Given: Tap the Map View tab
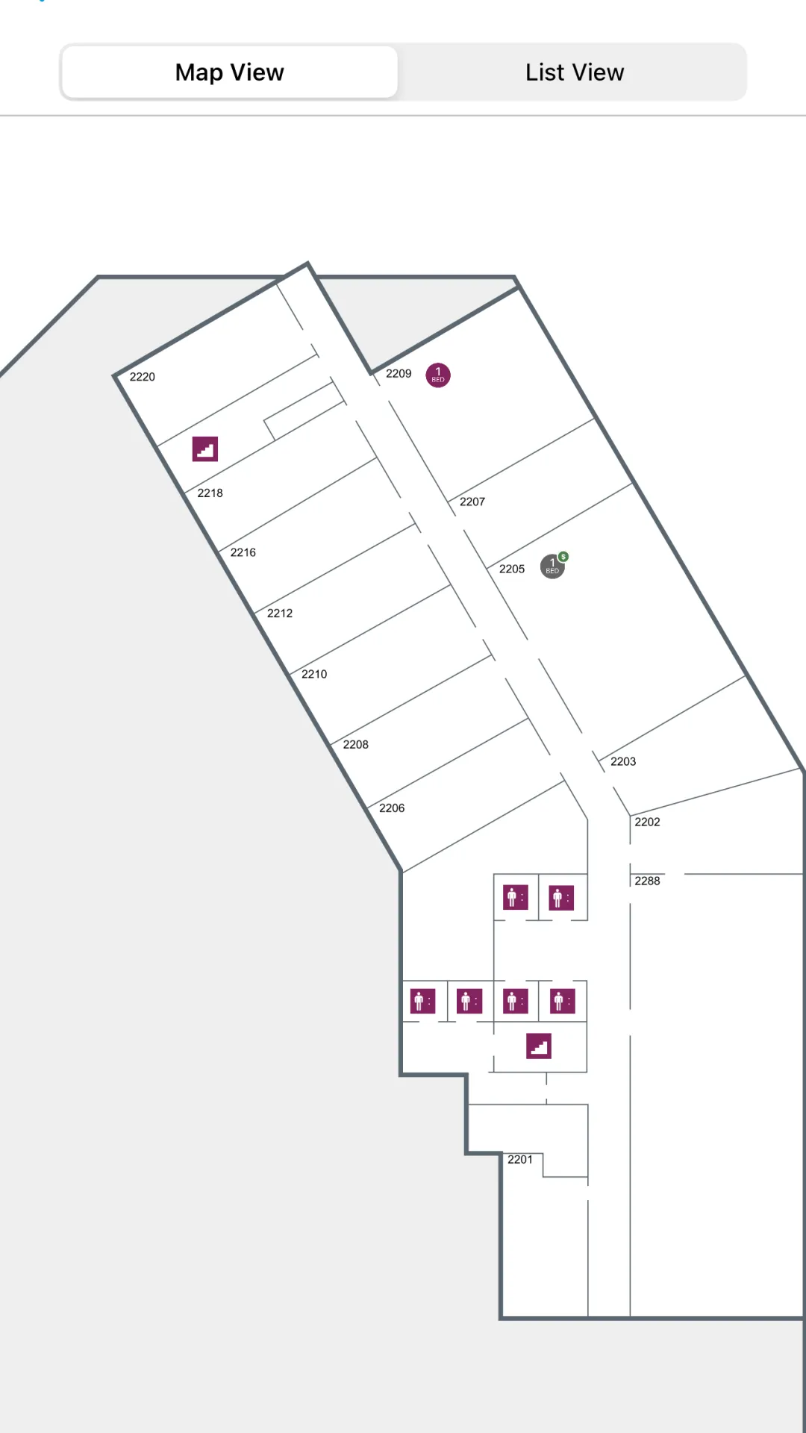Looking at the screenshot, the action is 229,72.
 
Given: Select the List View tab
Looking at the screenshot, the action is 574,72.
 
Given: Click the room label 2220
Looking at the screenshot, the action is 143,377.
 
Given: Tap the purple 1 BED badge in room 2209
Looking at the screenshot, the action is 438,375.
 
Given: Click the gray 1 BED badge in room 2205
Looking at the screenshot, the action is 552,566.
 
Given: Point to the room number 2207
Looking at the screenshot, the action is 472,502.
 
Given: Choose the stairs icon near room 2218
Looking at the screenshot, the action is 205,449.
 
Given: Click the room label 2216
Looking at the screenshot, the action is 243,552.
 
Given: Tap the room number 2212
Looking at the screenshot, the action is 280,613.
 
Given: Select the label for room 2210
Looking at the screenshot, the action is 314,674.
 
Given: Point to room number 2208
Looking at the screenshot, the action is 356,744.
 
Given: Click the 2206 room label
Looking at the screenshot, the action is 392,808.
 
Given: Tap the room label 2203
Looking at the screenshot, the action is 623,761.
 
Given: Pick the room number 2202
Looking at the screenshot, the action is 647,822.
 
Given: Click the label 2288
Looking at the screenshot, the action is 647,881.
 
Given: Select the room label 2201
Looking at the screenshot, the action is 520,1159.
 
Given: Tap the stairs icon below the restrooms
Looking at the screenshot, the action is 538,1046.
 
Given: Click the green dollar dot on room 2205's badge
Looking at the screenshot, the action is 563,557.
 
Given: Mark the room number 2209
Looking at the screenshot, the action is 399,373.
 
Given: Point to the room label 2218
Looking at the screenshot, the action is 210,493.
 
